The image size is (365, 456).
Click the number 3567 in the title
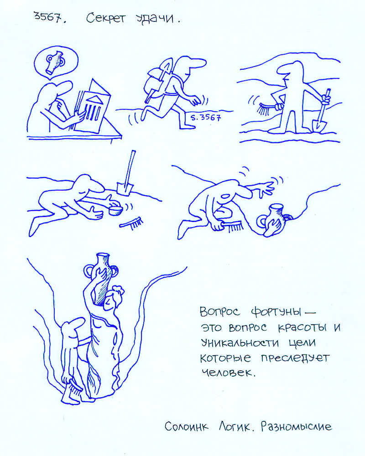48,17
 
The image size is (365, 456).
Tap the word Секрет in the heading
106,19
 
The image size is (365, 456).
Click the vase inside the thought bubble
55,62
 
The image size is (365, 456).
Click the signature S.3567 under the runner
205,117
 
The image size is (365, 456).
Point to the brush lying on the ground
131,223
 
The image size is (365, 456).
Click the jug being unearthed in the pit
272,220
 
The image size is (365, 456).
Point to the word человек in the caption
228,373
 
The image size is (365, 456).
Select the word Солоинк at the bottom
187,427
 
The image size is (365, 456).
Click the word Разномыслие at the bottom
296,427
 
